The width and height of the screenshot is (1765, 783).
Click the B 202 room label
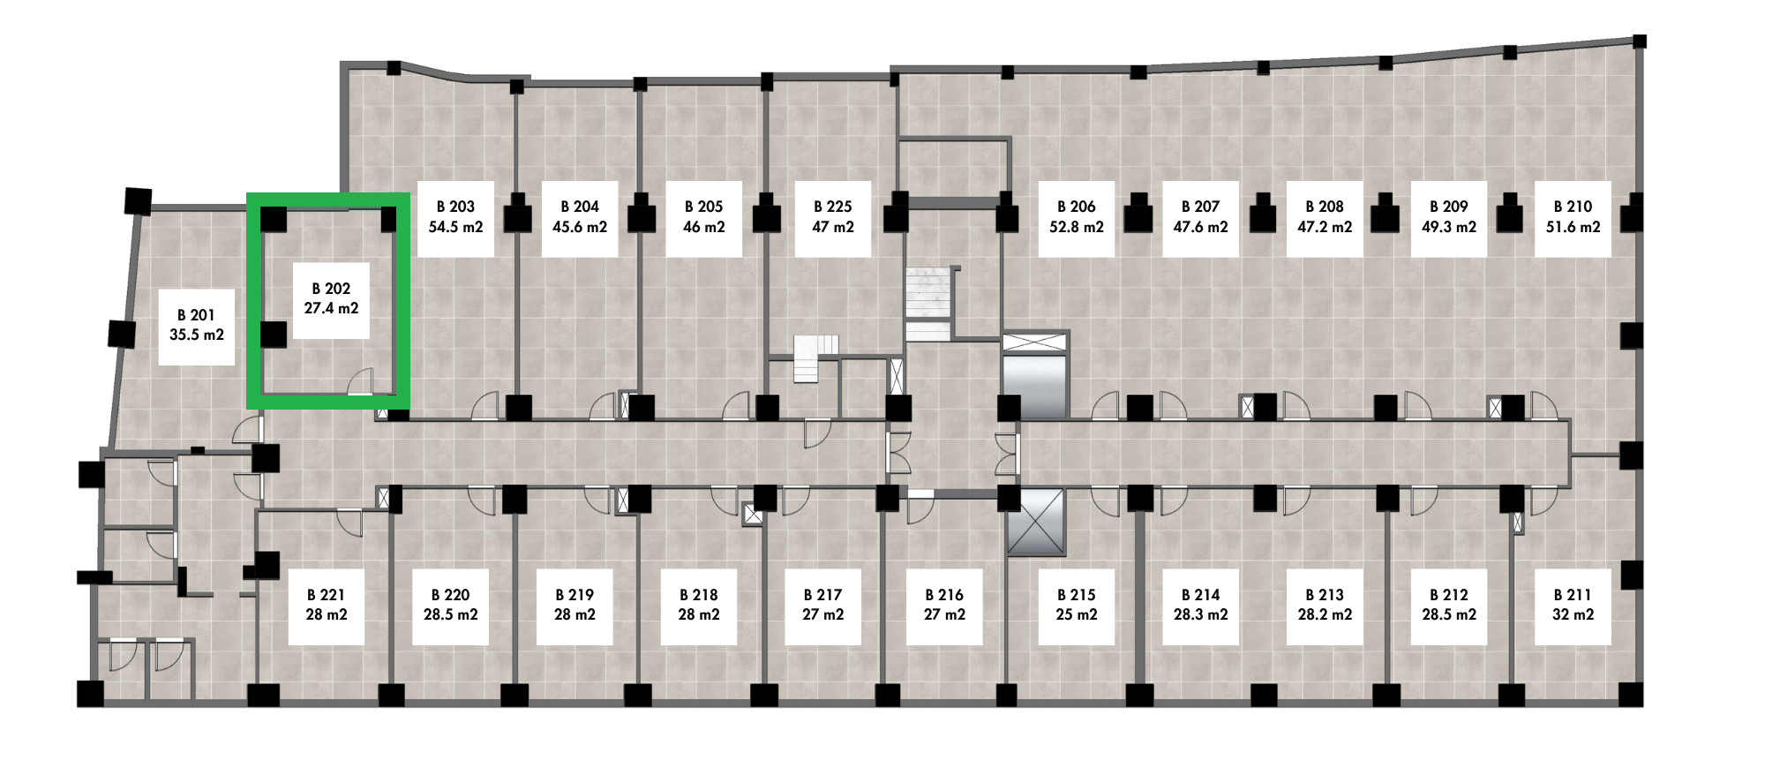click(x=331, y=299)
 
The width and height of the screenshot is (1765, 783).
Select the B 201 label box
click(x=197, y=326)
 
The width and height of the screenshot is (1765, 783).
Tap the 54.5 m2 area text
click(x=455, y=227)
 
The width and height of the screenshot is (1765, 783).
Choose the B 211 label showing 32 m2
click(x=1573, y=606)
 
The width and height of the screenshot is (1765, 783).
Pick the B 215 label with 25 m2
click(x=1077, y=606)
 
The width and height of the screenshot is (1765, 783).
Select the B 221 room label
click(x=327, y=606)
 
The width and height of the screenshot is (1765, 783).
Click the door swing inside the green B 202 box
click(x=361, y=380)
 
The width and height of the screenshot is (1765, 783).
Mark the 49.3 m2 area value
click(x=1449, y=227)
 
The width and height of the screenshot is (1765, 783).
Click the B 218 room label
click(x=699, y=606)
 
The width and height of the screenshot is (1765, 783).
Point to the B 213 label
click(x=1325, y=606)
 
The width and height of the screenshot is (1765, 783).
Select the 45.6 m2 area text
click(x=580, y=227)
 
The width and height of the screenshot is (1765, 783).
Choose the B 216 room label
click(x=944, y=606)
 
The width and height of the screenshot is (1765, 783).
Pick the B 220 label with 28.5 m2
click(x=451, y=606)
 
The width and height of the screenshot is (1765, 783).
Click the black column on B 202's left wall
click(x=274, y=335)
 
